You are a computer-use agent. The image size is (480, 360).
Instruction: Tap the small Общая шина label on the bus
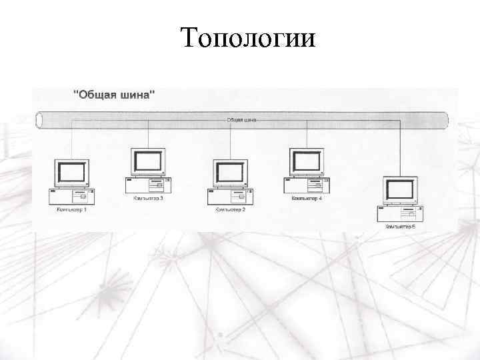tap(241, 120)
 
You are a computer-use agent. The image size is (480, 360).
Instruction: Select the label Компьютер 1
tap(71, 209)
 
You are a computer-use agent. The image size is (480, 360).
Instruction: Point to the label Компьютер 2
tap(230, 209)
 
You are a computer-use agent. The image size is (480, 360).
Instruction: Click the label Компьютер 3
tap(148, 199)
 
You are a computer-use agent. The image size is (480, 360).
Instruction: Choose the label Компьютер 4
tap(307, 199)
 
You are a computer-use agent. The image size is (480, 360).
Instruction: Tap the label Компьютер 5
tap(400, 227)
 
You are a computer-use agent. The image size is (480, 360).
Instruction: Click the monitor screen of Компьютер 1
tap(72, 173)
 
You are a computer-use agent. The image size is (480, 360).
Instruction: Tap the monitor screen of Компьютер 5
tap(401, 190)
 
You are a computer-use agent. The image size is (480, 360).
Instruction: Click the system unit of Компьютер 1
tap(72, 196)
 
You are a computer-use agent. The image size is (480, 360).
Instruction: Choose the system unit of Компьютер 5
tap(400, 214)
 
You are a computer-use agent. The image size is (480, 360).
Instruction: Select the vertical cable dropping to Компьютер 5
tap(401, 147)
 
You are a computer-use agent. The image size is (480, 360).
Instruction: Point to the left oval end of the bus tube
tap(39, 121)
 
